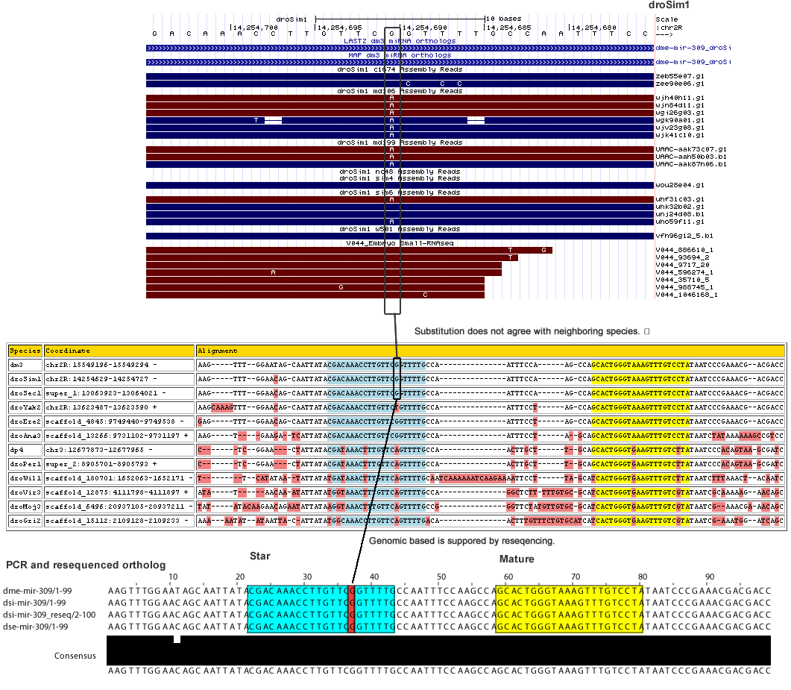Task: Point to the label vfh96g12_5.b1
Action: click(678, 236)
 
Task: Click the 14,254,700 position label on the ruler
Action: click(256, 27)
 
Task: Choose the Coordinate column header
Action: click(67, 351)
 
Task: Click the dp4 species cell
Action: click(16, 451)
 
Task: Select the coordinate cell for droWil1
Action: click(118, 478)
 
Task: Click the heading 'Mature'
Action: click(516, 559)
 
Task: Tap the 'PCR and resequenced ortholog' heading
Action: click(86, 565)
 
